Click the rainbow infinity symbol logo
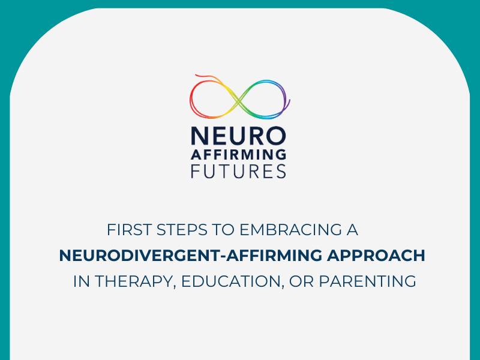[x=239, y=98]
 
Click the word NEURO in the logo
[x=239, y=134]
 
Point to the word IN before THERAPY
[x=80, y=281]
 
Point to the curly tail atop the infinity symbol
[x=204, y=77]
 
